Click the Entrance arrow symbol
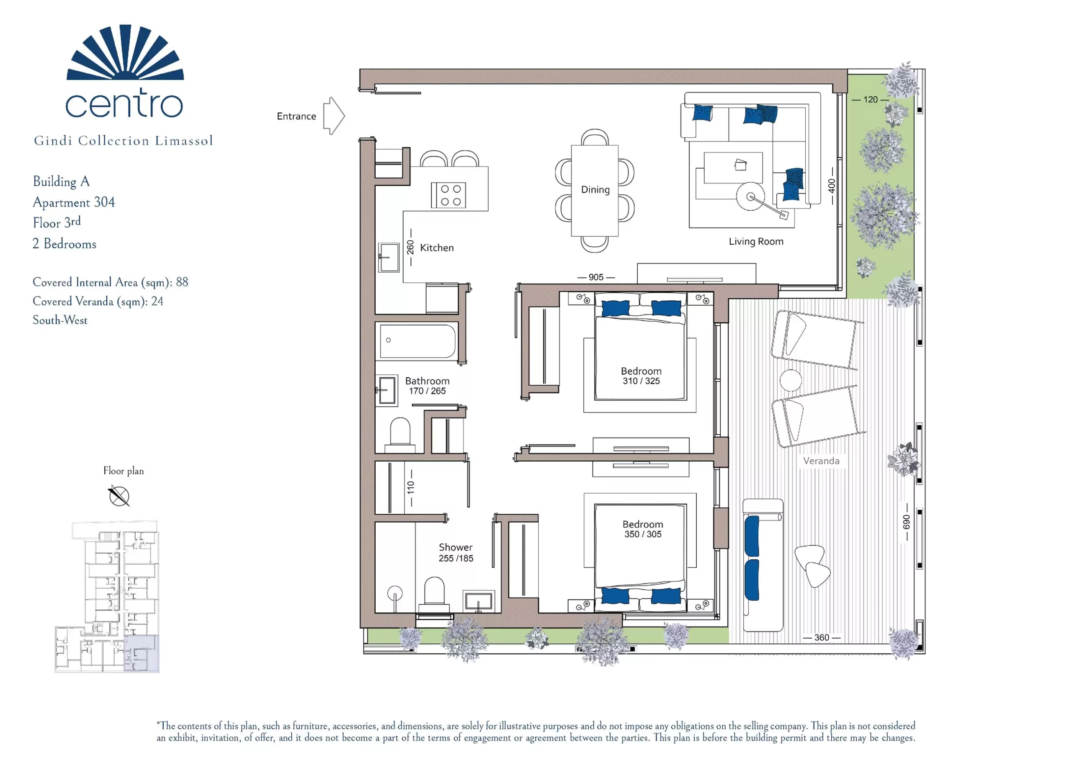pos(333,116)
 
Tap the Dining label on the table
pos(595,190)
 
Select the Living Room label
pos(756,242)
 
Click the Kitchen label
pos(437,248)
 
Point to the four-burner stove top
pos(448,195)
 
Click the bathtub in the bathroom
pos(417,341)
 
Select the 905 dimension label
pos(596,277)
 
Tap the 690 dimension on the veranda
pos(906,522)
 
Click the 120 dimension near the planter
pos(870,100)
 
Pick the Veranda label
pos(821,461)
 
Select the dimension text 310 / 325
pos(641,381)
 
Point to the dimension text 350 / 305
pos(643,534)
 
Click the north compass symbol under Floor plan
pos(119,496)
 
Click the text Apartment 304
pos(74,203)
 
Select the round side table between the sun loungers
pos(791,380)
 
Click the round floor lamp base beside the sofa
pos(750,196)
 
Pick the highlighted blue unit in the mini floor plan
pos(142,653)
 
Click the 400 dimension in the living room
pos(832,186)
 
